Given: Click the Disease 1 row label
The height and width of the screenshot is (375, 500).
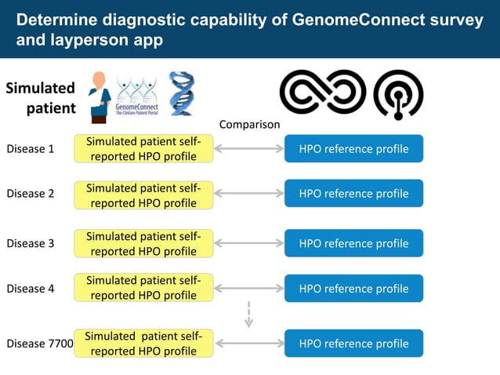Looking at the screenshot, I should click(30, 148).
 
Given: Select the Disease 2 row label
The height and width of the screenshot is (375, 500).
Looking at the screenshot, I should click(30, 194).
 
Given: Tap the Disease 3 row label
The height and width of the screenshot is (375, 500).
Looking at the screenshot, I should click(30, 243).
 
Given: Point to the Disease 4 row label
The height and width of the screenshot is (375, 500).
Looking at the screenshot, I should click(30, 288).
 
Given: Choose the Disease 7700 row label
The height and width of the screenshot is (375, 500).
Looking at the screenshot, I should click(39, 343).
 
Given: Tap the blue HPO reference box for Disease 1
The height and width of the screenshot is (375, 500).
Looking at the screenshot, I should click(353, 149).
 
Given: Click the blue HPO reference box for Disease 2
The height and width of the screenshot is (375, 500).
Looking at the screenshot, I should click(353, 194).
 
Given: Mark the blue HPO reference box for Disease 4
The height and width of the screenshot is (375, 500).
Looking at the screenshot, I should click(353, 288).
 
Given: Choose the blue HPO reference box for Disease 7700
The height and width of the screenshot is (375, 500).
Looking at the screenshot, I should click(353, 343).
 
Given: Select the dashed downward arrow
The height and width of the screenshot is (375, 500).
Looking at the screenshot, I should click(248, 314).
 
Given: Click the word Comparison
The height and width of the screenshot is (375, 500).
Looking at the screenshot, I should click(249, 124).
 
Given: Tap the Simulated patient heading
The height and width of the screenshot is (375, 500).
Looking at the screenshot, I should click(41, 97).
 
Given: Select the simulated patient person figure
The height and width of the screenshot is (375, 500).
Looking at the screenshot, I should click(99, 96).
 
